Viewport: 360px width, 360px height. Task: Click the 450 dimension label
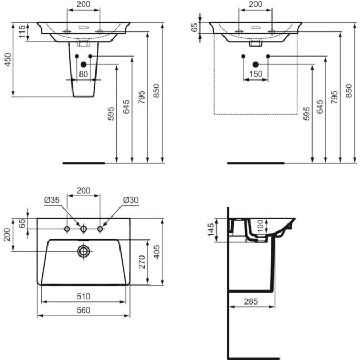(8, 60)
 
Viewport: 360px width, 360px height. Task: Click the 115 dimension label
(22, 31)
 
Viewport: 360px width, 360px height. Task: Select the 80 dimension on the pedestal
(84, 74)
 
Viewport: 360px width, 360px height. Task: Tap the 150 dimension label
(256, 74)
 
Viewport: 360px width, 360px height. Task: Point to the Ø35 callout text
(52, 200)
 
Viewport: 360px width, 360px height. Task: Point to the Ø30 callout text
(131, 200)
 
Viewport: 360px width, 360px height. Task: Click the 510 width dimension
(84, 297)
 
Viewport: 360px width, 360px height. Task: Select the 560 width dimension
(84, 310)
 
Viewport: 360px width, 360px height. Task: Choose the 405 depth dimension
(157, 252)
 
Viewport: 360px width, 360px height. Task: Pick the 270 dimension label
(142, 262)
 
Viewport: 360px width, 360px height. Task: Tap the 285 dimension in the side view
(251, 301)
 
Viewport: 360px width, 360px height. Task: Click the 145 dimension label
(211, 229)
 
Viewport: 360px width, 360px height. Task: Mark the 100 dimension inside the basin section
(260, 226)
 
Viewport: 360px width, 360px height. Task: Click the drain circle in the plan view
(84, 251)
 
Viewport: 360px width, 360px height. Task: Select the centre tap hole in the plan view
(84, 229)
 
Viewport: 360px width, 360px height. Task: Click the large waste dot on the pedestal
(84, 65)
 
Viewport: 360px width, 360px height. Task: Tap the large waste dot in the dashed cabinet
(255, 65)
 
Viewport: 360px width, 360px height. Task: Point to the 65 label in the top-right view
(194, 28)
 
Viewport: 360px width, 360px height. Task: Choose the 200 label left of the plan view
(7, 235)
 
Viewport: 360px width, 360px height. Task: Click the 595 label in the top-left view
(110, 114)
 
